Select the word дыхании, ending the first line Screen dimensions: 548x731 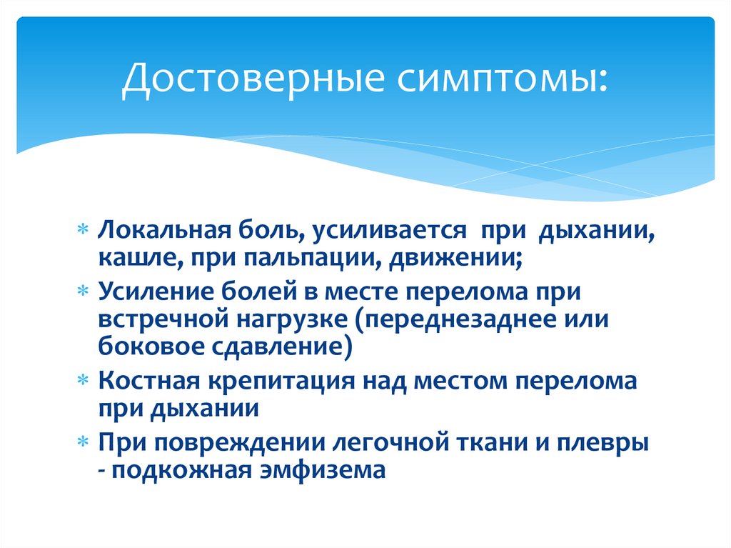click(597, 232)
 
